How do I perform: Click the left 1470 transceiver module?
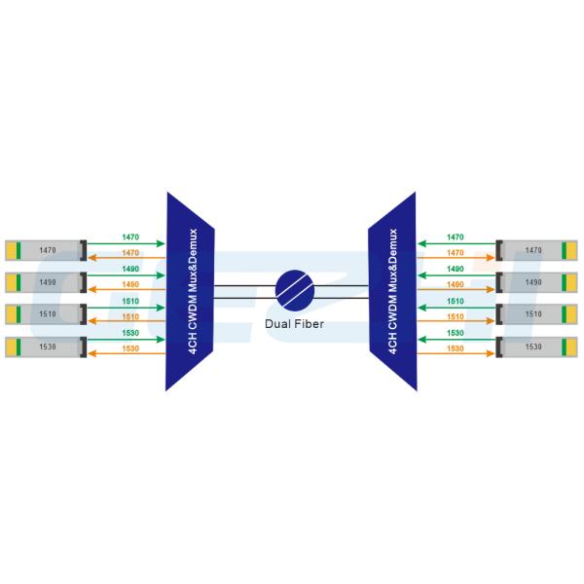click(x=45, y=251)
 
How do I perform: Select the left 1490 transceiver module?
click(x=45, y=282)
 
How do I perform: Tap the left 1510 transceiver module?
click(x=45, y=314)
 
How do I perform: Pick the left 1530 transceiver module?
click(x=45, y=347)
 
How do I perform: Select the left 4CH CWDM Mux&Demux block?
click(x=189, y=291)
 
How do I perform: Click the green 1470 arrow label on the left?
click(x=130, y=237)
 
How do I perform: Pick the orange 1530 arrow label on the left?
click(x=130, y=348)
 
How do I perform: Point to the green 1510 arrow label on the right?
click(x=454, y=301)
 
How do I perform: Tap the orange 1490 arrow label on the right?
click(x=454, y=285)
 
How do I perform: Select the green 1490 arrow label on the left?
click(x=130, y=270)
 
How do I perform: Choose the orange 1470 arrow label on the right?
click(x=454, y=253)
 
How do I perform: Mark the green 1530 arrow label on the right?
click(x=454, y=333)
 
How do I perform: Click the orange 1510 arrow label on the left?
click(x=130, y=317)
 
